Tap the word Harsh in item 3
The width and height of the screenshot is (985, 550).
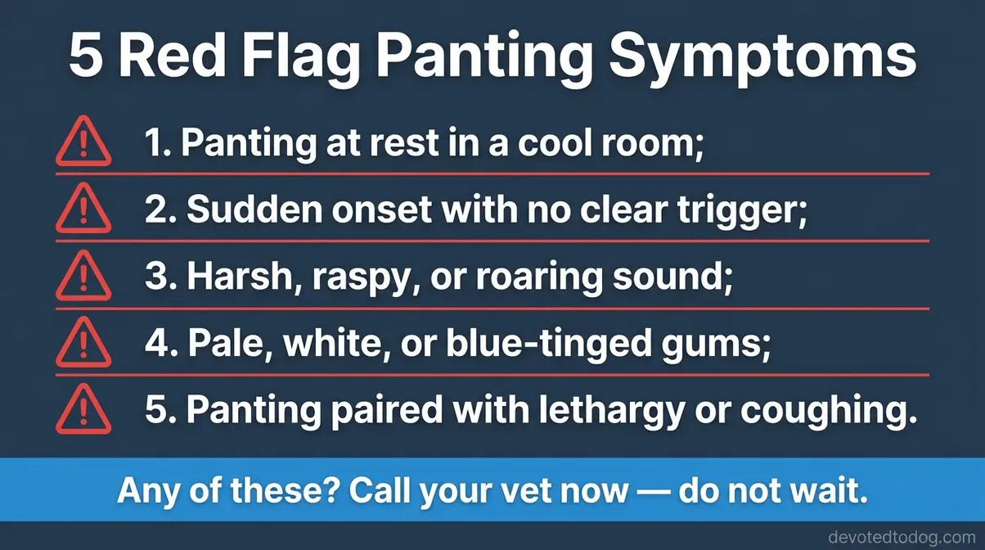241,278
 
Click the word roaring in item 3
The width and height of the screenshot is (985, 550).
570,278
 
